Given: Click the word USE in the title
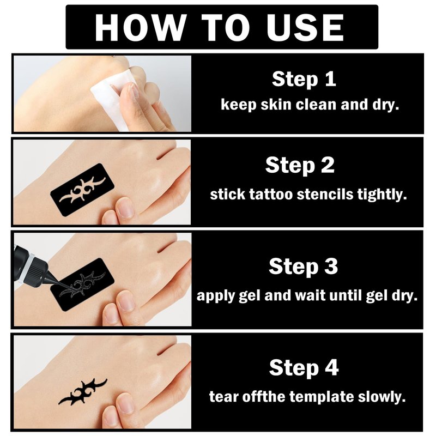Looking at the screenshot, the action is [305, 27].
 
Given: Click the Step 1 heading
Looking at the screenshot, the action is [304, 79].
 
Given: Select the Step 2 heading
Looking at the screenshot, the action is [300, 165].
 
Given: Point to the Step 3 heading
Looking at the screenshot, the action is [304, 266].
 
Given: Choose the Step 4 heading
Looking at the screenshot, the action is [304, 367].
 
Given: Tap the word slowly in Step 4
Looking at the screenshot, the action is [381, 397].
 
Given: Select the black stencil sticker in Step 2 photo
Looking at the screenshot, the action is [82, 190].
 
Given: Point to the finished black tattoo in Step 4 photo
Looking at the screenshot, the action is [83, 391].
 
